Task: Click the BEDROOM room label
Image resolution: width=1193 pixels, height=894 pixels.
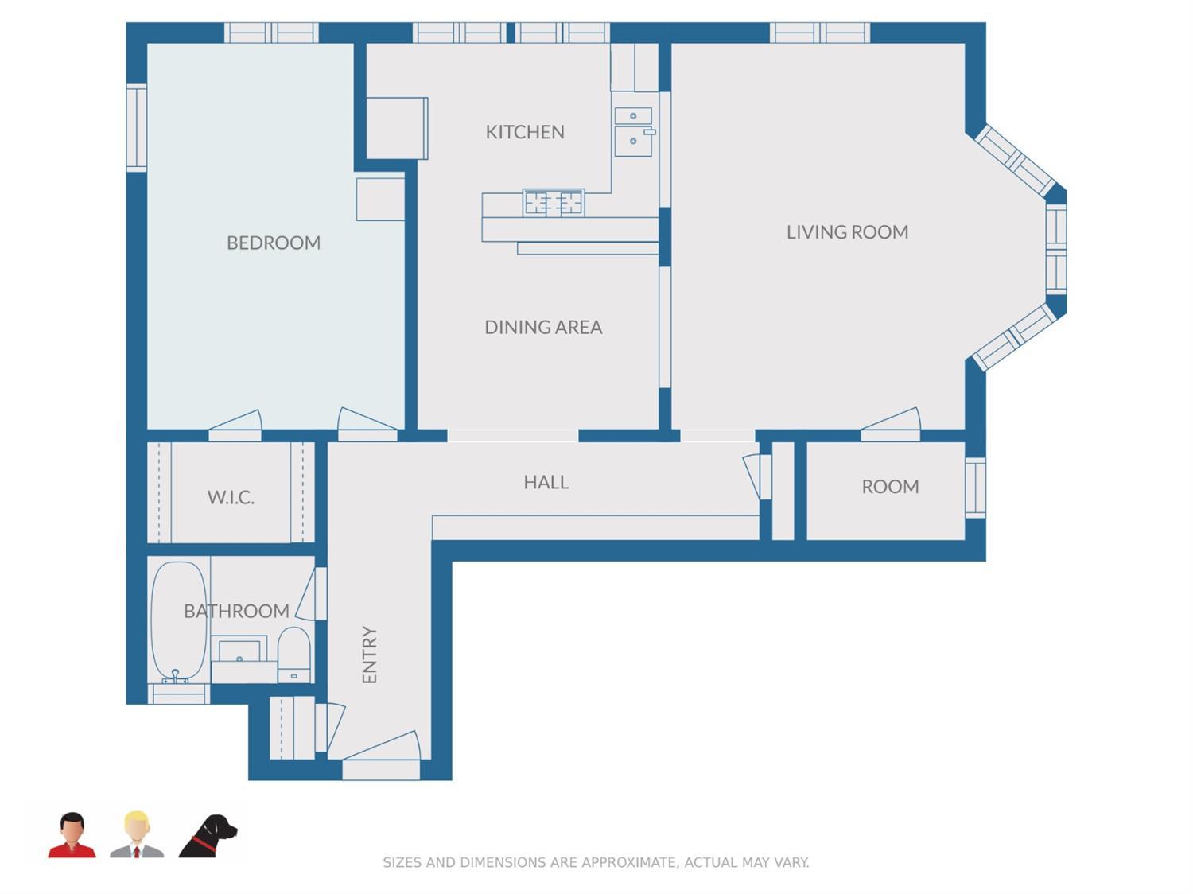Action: click(x=274, y=243)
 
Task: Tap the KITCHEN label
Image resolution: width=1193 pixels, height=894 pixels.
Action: click(x=525, y=132)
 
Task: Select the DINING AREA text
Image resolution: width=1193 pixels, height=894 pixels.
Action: click(x=543, y=327)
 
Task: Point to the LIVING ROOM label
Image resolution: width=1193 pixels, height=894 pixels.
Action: click(x=847, y=232)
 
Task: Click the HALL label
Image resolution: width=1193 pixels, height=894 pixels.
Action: click(x=546, y=482)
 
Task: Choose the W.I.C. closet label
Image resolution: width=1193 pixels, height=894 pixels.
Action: click(x=231, y=498)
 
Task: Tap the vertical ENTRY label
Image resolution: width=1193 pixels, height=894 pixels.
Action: click(x=369, y=655)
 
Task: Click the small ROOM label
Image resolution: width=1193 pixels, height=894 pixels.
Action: click(x=890, y=487)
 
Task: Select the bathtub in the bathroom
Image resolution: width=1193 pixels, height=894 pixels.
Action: click(x=178, y=620)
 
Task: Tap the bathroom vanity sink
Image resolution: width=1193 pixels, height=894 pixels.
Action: click(x=239, y=651)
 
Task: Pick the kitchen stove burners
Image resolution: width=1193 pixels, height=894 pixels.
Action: click(x=554, y=203)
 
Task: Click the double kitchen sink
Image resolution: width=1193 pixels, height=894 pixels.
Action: click(x=633, y=131)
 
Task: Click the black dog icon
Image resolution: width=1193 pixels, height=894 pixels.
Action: click(x=208, y=836)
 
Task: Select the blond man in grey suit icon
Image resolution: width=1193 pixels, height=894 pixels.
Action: click(x=137, y=834)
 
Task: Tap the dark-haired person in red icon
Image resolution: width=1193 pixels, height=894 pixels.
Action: click(x=72, y=835)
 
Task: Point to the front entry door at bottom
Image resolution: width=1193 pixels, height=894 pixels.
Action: click(x=381, y=756)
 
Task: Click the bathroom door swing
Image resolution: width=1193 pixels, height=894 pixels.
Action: click(x=313, y=594)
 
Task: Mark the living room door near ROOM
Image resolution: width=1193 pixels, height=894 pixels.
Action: click(x=891, y=425)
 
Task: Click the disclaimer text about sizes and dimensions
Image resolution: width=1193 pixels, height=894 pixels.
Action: click(x=596, y=862)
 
